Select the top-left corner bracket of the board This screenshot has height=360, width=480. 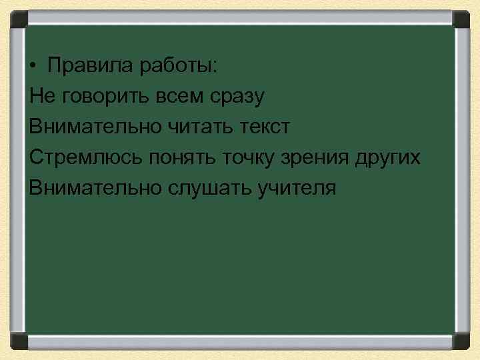tap(16, 19)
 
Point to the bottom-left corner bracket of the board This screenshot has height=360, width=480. tap(16, 341)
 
